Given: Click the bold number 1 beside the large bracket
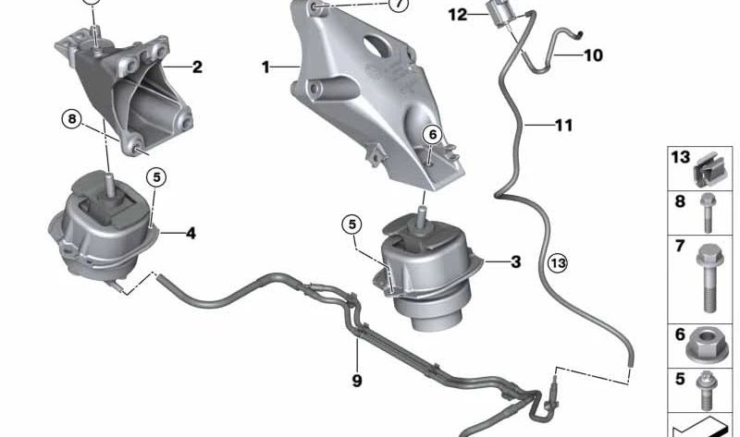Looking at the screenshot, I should (265, 67).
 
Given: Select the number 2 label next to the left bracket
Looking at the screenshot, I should (197, 67).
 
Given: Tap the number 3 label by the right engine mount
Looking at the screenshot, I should (515, 262).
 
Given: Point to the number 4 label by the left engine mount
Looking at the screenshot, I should (191, 234).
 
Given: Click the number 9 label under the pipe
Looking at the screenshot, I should (357, 380).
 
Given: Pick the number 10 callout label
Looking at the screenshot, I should (593, 55).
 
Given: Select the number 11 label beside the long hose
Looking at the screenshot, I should (565, 124).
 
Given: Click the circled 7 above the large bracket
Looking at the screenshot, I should (398, 6).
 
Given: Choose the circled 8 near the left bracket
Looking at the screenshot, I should (72, 118).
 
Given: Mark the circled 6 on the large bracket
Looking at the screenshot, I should (431, 135).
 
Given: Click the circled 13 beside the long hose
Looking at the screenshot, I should (556, 263).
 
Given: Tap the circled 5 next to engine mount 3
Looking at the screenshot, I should (351, 223).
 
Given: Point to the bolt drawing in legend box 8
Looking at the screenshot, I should (708, 212).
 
